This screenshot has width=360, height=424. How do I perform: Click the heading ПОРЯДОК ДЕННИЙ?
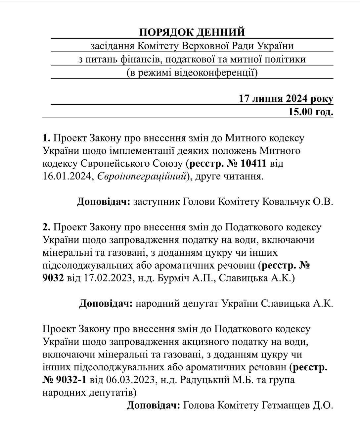(x=192, y=32)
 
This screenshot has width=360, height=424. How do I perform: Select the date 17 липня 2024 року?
(x=286, y=99)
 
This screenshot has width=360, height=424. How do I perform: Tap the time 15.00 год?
(x=310, y=112)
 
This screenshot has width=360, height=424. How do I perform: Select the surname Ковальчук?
(x=285, y=202)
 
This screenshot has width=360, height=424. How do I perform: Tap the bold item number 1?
(x=46, y=138)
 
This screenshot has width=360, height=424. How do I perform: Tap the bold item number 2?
(x=46, y=227)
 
